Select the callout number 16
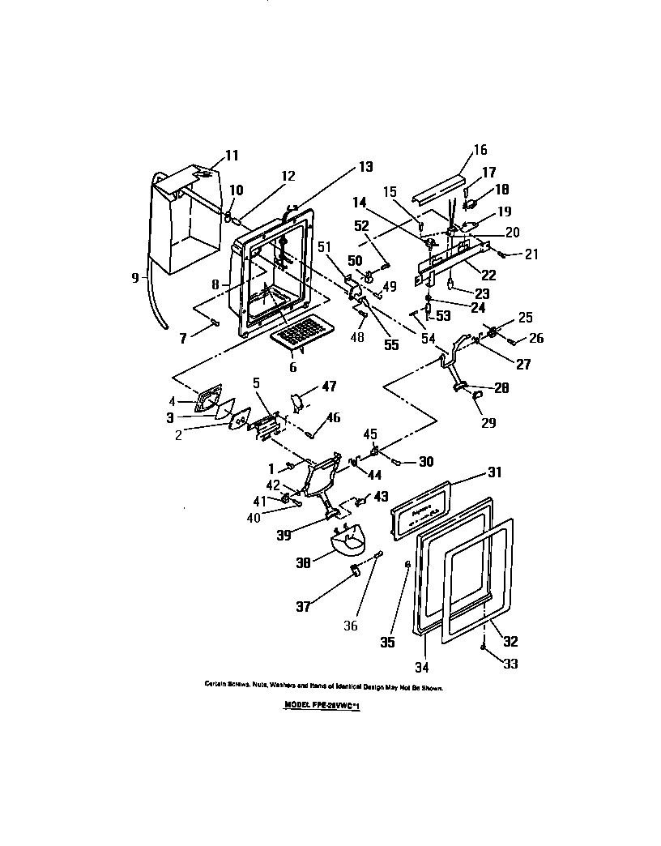[480, 149]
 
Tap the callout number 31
[494, 473]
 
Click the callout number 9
[136, 276]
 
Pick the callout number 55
[391, 344]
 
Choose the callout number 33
[510, 664]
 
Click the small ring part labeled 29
[477, 395]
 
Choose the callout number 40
[254, 518]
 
